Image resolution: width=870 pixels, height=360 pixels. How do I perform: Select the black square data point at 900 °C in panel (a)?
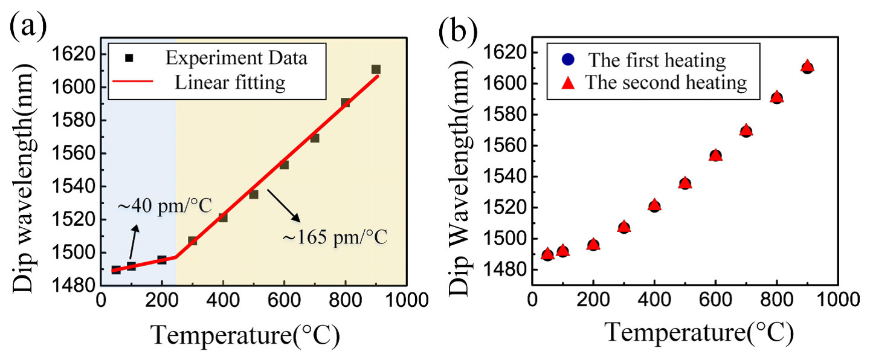click(x=376, y=69)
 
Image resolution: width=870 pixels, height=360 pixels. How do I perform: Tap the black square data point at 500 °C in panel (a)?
click(x=254, y=194)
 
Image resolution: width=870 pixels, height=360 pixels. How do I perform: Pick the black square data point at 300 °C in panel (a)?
click(x=193, y=241)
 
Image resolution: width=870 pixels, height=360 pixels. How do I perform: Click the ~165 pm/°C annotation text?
click(x=334, y=237)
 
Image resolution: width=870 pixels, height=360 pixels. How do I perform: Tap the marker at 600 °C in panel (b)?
click(x=715, y=155)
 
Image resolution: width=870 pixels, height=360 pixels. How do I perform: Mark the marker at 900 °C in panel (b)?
click(x=807, y=67)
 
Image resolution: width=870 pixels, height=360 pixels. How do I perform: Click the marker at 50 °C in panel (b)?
click(x=547, y=254)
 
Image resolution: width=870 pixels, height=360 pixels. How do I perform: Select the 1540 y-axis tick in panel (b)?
click(x=509, y=176)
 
